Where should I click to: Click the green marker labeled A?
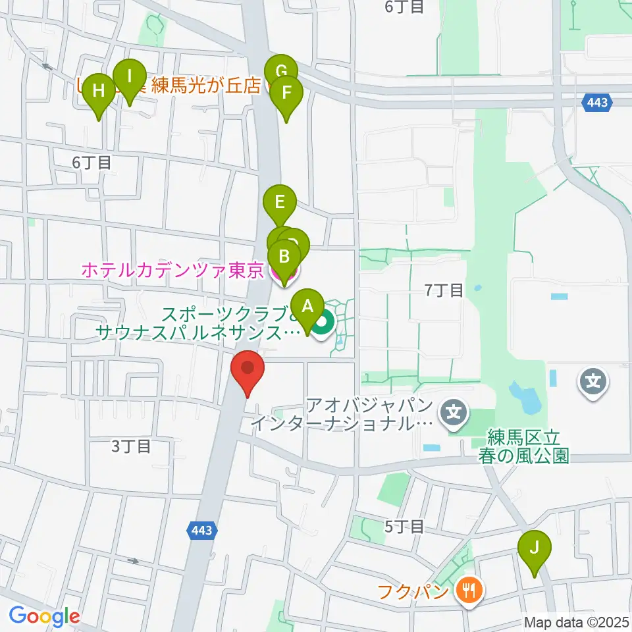pyautogui.click(x=307, y=307)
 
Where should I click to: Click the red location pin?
pyautogui.click(x=248, y=370)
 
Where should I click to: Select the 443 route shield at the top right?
pyautogui.click(x=597, y=101)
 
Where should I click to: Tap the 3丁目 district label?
pyautogui.click(x=131, y=446)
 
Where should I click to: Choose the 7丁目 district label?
pyautogui.click(x=444, y=290)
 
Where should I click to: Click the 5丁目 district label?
pyautogui.click(x=405, y=526)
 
